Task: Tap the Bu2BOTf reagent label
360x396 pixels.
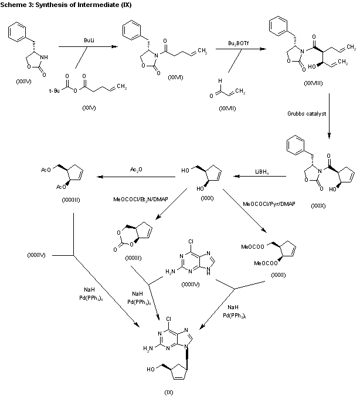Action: pos(237,43)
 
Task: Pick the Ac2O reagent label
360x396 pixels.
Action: pos(134,170)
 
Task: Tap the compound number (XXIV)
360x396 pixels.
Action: pos(24,80)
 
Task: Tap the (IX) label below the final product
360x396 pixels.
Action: pos(169,391)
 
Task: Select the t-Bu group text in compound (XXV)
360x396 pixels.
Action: pos(55,106)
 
